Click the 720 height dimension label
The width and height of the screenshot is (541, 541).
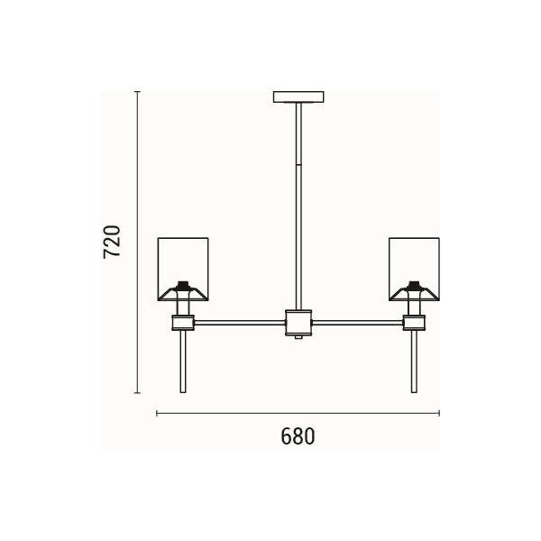[112, 242]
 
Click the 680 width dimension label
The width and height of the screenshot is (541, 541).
[298, 436]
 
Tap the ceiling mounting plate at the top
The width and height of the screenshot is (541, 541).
[298, 97]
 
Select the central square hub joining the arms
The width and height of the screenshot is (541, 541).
[298, 323]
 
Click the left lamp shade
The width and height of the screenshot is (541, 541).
[183, 269]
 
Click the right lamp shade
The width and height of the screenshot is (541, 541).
[414, 269]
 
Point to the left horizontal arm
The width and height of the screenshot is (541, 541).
[240, 323]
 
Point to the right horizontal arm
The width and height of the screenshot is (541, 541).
[357, 323]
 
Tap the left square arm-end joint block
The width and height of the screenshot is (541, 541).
[183, 323]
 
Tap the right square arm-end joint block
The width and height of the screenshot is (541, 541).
[414, 323]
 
